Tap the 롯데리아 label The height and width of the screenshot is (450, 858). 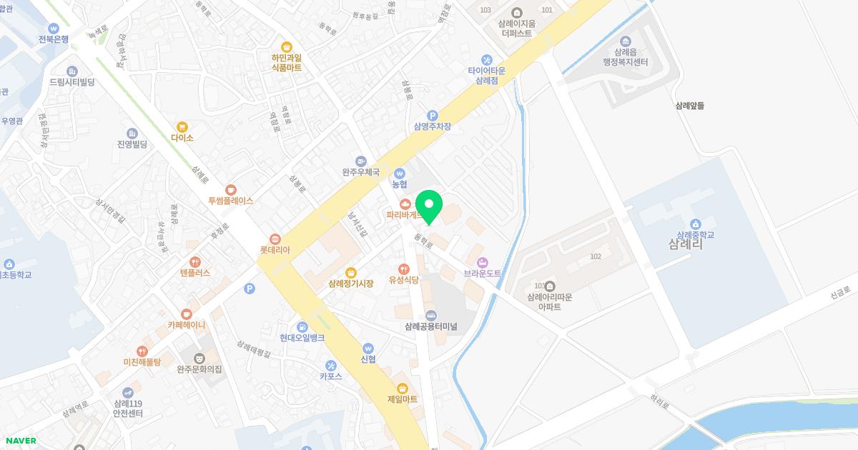pos(275,251)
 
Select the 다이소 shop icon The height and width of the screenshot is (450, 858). pos(182,126)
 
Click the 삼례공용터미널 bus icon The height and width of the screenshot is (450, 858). pos(430,315)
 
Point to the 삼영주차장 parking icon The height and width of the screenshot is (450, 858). pos(432,115)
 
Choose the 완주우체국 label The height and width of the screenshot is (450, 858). pos(360,172)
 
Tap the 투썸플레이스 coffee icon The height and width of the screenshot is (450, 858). pos(230,189)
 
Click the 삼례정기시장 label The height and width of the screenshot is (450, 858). pos(351,284)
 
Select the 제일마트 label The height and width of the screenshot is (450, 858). pos(402,399)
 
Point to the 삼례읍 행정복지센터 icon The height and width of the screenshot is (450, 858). pos(626,41)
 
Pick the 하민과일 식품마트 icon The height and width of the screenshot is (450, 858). pos(286,46)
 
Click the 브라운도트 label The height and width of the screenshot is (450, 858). pos(483,274)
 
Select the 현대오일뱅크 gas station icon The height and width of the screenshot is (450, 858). pos(302,326)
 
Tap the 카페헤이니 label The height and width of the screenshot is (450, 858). pos(187,325)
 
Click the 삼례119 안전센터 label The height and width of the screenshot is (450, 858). pos(128,409)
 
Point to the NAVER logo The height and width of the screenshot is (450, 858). pos(20,441)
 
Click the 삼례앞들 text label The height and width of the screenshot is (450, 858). pos(690,106)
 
